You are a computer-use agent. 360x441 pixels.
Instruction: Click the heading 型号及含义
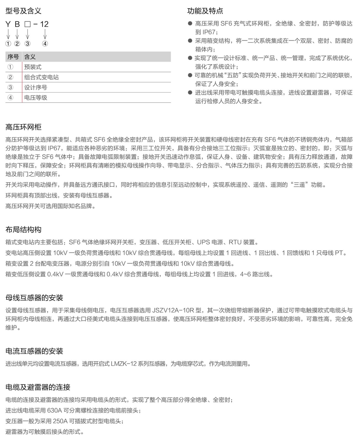pos(23,11)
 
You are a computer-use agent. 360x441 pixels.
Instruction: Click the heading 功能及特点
pos(205,11)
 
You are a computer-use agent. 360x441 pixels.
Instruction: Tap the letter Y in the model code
pos(8,24)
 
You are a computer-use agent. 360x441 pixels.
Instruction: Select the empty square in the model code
pos(27,25)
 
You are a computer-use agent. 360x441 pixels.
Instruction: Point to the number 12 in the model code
pos(44,24)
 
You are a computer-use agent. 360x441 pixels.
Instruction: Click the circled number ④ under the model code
pos(45,44)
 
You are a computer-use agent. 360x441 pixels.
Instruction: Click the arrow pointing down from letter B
pos(17,34)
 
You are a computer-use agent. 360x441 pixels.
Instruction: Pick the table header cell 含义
pos(30,57)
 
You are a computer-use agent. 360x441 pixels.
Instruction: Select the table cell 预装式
pos(33,67)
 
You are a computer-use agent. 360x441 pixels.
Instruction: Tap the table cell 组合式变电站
pos(41,77)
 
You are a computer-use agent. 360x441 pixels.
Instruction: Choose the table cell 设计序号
pos(36,87)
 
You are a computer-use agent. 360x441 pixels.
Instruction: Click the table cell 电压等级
pos(36,98)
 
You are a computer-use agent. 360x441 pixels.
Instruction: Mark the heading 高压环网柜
pos(23,127)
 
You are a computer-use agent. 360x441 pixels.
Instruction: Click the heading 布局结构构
pos(23,230)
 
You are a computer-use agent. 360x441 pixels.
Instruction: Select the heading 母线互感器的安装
pos(34,298)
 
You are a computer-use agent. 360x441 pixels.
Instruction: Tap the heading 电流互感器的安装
pos(34,351)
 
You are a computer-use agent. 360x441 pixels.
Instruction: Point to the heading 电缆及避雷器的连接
pos(38,387)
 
